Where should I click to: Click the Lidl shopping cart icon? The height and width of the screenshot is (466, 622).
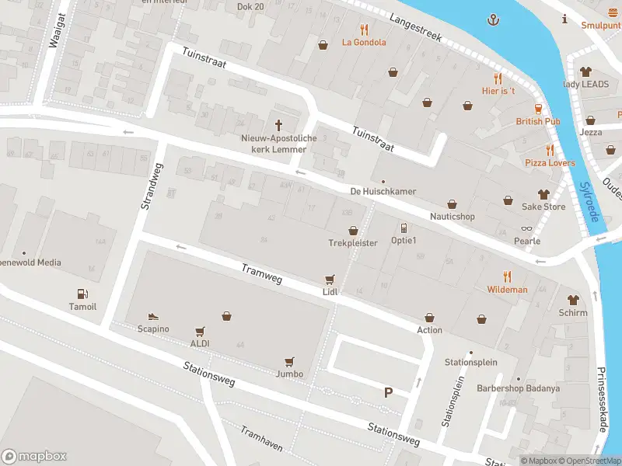pos(330,280)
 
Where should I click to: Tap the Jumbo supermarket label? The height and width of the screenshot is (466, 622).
pos(289,374)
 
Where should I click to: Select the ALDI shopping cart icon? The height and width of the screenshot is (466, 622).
pos(200,331)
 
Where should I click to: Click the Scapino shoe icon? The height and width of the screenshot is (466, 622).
pos(153,316)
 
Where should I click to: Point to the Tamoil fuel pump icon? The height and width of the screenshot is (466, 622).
pos(82,294)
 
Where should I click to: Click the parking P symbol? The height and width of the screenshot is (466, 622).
pos(388,393)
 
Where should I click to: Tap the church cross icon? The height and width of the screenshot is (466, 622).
pos(278,125)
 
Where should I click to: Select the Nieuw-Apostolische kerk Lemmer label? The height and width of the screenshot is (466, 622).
pos(278,144)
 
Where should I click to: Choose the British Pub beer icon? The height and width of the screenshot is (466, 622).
pos(537,109)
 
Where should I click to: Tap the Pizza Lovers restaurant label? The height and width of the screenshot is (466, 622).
pos(550,163)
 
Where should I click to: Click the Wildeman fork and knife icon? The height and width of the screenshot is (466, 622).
pos(507,276)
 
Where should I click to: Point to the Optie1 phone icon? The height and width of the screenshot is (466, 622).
pos(404,228)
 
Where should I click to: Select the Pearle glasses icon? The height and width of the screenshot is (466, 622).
pos(526,228)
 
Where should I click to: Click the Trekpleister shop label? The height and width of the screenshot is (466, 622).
pos(352,243)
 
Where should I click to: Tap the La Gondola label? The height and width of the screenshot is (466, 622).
pos(364,43)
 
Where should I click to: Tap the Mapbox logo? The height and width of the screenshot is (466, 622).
pos(34,457)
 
